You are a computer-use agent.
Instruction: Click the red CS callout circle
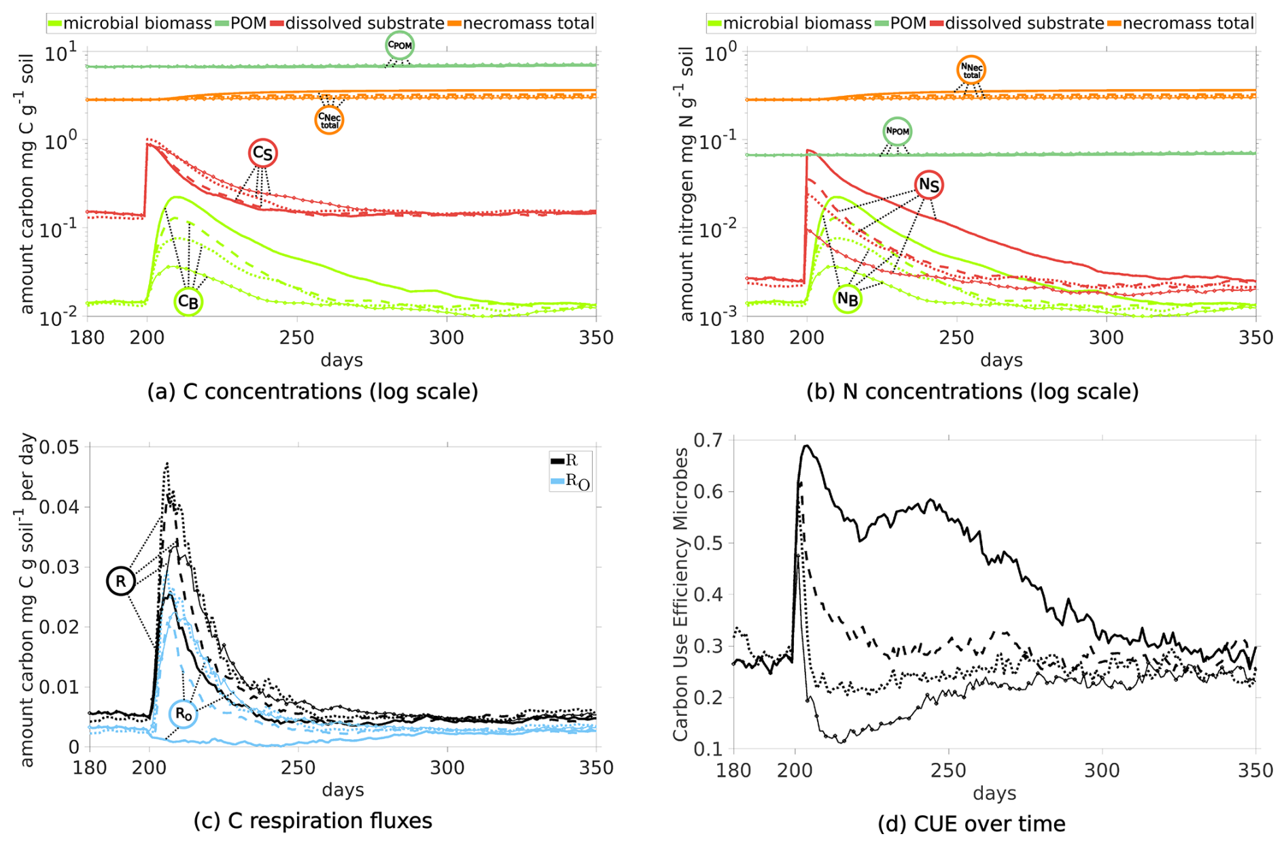[262, 154]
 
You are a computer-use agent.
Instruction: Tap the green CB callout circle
[188, 302]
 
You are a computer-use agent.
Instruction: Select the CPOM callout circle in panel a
[400, 46]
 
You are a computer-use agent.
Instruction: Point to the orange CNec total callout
[329, 120]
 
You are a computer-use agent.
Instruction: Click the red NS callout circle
[928, 185]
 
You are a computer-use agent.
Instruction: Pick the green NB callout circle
[848, 298]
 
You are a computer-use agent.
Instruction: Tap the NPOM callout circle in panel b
[897, 131]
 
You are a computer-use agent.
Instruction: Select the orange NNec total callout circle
[971, 70]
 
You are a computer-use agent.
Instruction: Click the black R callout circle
[120, 581]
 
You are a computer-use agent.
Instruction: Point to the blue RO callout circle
[183, 714]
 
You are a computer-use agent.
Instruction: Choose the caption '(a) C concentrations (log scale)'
[313, 392]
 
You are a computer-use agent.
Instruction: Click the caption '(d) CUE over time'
[971, 824]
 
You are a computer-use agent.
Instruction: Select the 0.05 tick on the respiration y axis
[60, 447]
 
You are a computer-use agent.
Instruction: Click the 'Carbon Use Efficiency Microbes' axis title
[680, 594]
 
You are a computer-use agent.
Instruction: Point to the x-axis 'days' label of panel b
[1001, 360]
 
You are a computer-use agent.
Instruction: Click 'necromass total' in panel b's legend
[1188, 24]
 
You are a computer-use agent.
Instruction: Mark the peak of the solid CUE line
[807, 446]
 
